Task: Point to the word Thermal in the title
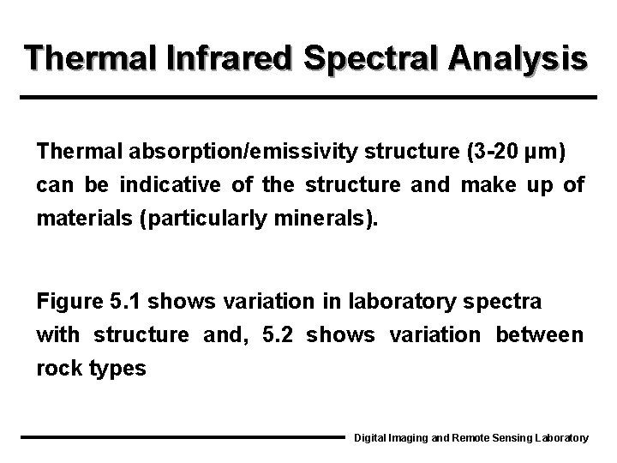82,58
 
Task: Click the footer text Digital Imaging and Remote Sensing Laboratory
471,438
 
